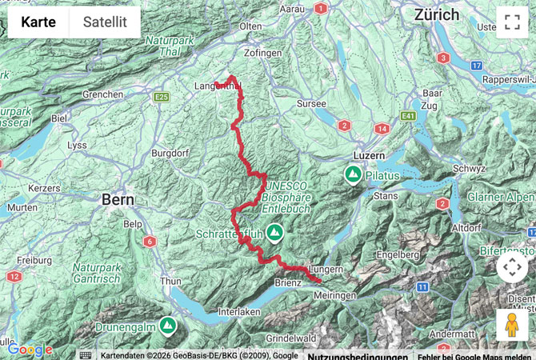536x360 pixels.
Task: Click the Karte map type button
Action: coord(38,22)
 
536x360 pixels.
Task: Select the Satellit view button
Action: coord(105,22)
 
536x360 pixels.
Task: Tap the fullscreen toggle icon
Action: coord(512,22)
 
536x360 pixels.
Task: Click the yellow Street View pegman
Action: coord(512,325)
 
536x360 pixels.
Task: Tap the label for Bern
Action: coord(116,201)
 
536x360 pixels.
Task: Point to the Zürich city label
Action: coord(437,14)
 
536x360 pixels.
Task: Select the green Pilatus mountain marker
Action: coord(352,174)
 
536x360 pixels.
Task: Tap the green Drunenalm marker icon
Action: coord(167,325)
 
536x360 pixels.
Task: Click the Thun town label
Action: coord(171,281)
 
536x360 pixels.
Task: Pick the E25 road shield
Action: coord(162,97)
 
